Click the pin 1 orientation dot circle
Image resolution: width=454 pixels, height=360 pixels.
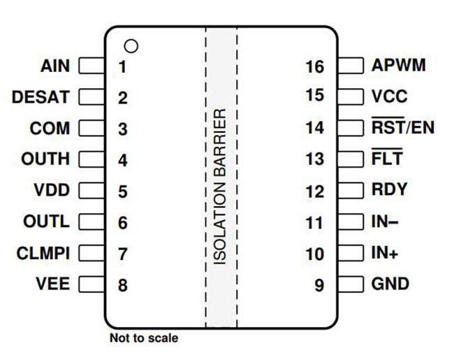pos(131,46)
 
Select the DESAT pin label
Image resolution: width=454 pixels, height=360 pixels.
pos(41,96)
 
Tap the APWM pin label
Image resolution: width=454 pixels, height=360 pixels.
pos(398,65)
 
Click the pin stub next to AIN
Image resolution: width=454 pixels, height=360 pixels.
pos(91,66)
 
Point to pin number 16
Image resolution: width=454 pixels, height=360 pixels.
pos(315,67)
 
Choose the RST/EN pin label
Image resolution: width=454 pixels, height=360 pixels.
pos(403,127)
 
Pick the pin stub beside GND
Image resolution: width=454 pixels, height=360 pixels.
pos(351,284)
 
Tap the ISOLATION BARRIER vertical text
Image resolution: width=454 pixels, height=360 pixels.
pos(220,187)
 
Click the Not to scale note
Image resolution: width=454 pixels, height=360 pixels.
pos(144,338)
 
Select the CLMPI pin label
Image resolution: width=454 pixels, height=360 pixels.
pos(43,253)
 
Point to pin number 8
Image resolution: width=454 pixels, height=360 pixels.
pos(123,285)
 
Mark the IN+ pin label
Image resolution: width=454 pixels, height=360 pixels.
pos(385,253)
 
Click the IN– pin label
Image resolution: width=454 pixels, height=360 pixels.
pos(385,222)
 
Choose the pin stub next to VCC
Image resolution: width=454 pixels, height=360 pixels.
pos(351,96)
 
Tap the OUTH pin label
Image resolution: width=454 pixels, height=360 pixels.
pos(45,159)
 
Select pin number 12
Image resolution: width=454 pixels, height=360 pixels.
pos(315,192)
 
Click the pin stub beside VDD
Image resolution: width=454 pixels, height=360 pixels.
pos(91,190)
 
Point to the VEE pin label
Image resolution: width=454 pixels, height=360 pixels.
pos(52,284)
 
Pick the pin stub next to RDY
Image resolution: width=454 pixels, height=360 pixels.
pos(351,190)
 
